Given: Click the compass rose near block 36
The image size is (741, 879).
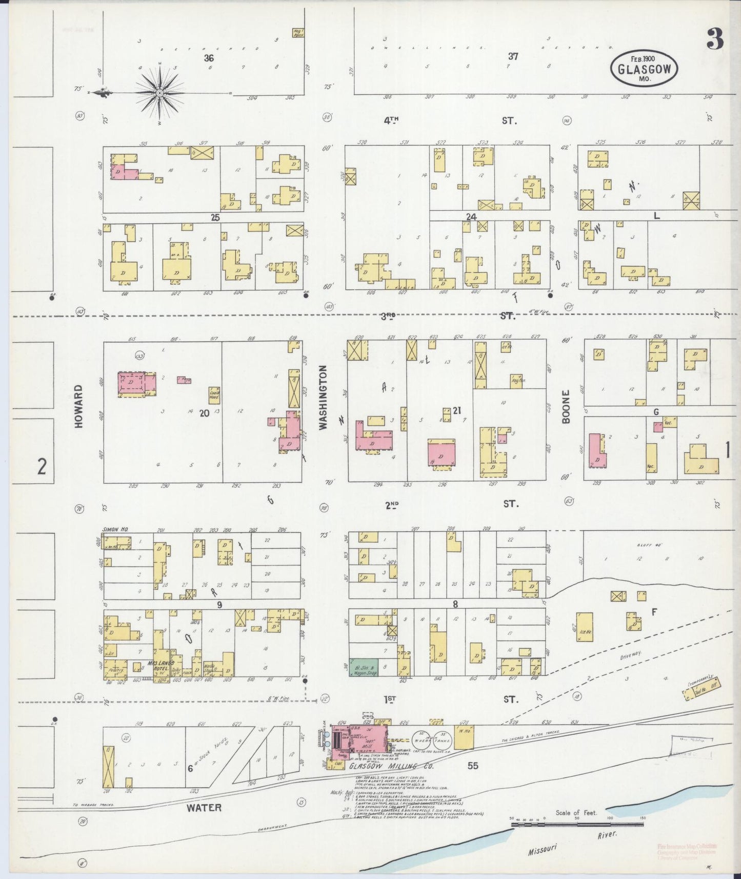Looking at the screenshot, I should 159,92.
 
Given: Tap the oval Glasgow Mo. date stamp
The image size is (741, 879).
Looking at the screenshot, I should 644,68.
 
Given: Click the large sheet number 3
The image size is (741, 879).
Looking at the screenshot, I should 714,38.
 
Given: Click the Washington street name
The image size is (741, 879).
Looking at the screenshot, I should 323,397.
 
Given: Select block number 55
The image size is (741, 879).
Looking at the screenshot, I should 472,766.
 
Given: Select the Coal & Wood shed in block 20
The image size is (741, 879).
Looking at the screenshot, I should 214,394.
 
